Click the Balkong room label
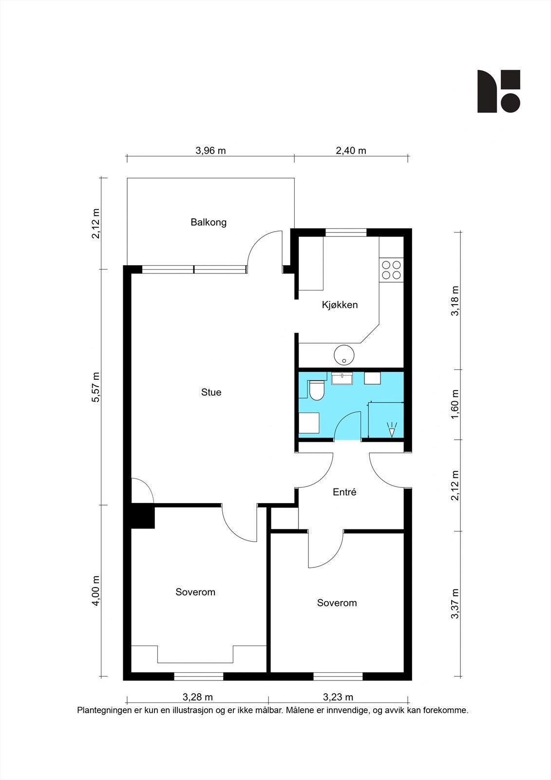[x=209, y=222]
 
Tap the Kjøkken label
[x=340, y=305]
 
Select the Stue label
[x=211, y=392]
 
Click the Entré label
[x=344, y=492]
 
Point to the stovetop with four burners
[x=391, y=270]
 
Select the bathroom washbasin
[x=342, y=378]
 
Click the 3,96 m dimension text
[x=210, y=150]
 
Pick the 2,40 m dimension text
[x=351, y=150]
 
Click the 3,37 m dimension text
[x=455, y=604]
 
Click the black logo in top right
[x=498, y=91]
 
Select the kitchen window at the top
[x=346, y=233]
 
